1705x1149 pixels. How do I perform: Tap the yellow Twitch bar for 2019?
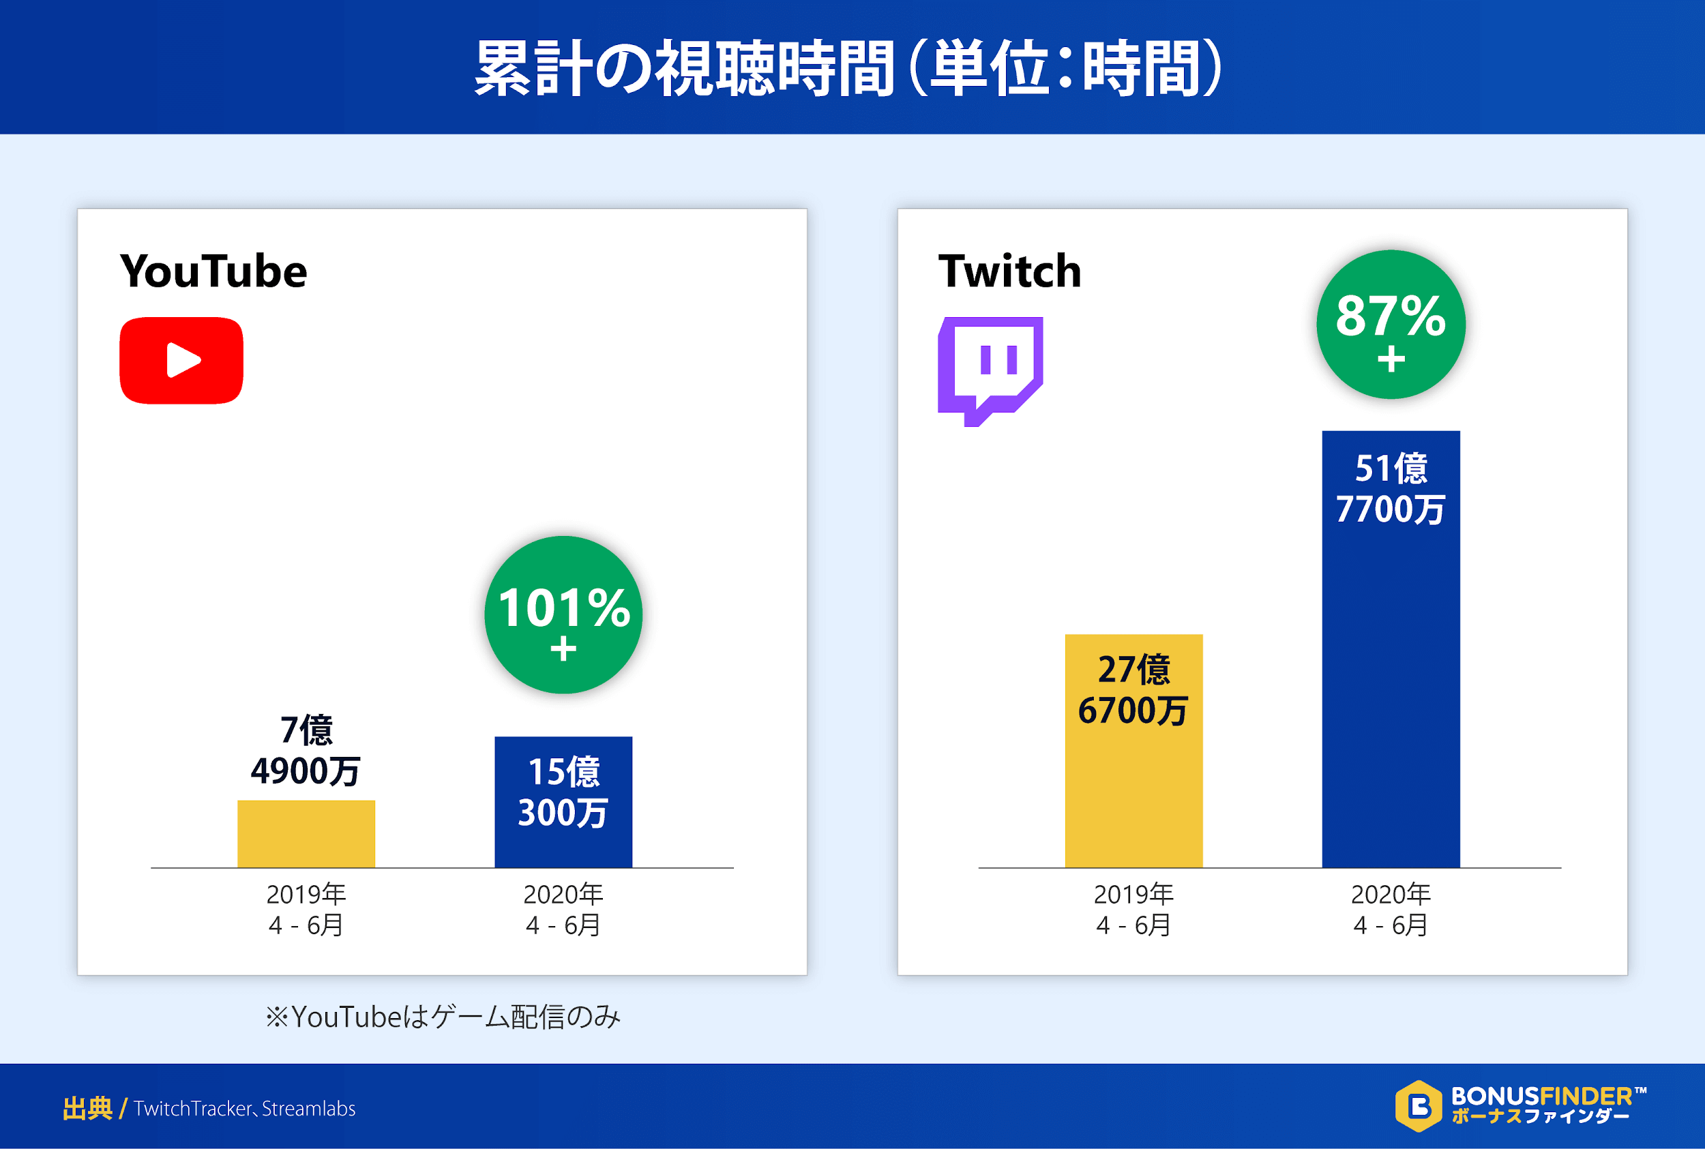1133,792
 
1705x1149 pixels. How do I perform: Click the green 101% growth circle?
563,615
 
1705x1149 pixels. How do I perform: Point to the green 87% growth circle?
1390,325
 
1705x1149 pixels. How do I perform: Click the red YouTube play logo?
181,361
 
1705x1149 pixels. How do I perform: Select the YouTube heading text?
213,271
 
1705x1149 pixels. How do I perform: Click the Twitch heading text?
1009,271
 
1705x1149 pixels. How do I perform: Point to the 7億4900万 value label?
306,750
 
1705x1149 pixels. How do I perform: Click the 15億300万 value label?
563,792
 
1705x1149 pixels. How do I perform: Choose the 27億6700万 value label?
1133,689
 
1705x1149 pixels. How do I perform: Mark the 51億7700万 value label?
1390,489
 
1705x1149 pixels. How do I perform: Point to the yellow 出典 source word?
87,1109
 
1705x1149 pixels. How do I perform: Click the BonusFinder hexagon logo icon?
1419,1106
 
